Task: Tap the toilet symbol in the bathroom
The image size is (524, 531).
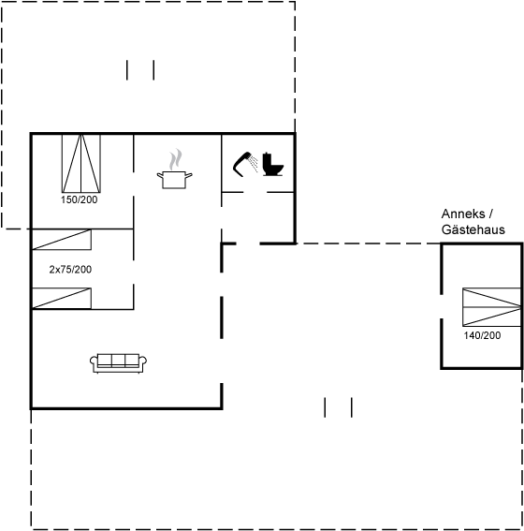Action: coord(272,164)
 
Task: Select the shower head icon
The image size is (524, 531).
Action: coord(241,164)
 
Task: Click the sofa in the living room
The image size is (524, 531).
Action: coord(119,363)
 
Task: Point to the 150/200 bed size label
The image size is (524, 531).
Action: coord(80,199)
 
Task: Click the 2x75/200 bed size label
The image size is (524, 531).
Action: coord(70,270)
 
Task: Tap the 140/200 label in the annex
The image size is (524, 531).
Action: coord(482,335)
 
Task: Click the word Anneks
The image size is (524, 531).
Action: coord(463,214)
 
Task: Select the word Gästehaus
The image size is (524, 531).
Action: coord(473,229)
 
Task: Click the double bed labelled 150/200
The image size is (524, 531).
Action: coord(81,164)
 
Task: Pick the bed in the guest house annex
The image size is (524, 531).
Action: coord(491,307)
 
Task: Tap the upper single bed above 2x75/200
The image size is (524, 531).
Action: coord(62,240)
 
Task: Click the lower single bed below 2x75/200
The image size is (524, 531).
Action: coord(62,299)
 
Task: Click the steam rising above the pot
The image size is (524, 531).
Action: coord(176,159)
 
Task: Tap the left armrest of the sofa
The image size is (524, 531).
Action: coord(94,363)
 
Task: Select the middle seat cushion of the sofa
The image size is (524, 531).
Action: coord(119,360)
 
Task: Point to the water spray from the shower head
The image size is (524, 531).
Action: coord(253,164)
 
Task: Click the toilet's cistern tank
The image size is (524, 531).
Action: coord(267,158)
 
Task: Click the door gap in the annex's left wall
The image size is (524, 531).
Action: coord(442,307)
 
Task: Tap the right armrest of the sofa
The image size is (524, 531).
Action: coord(143,363)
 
